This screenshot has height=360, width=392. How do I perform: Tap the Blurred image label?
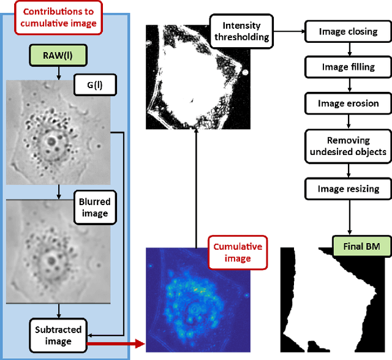93,208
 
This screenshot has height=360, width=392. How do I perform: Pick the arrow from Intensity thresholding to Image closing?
288,30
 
